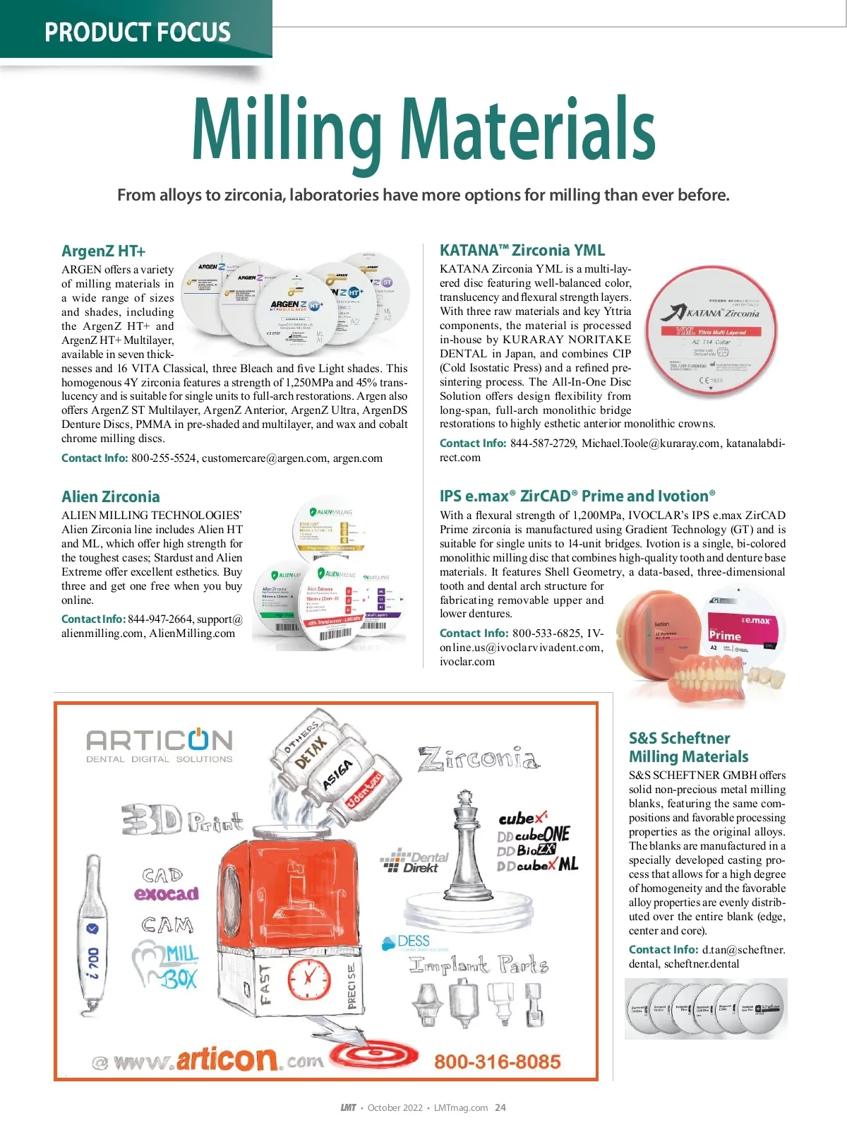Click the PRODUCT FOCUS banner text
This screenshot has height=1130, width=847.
pos(137,32)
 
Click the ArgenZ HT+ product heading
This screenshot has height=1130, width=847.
pos(103,251)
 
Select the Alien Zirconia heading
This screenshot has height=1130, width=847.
pos(110,496)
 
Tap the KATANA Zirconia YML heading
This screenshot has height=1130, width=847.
pos(522,250)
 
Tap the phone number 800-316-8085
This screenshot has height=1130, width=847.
pos(497,1061)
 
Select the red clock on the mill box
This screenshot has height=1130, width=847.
pos(308,979)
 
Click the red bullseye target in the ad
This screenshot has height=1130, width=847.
pos(367,1057)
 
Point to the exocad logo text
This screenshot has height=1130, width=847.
pos(167,894)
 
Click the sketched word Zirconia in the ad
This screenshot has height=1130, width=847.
pos(479,760)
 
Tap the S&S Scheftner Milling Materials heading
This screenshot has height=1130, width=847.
pos(688,747)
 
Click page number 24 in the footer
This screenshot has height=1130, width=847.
pos(500,1107)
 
